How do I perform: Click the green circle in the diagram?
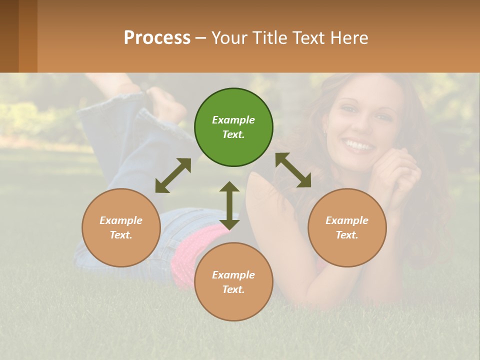click(x=233, y=127)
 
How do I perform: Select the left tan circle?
click(x=121, y=227)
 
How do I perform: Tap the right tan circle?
click(x=347, y=227)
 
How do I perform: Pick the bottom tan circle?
click(x=233, y=282)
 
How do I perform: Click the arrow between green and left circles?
click(x=173, y=175)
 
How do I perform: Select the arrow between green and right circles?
click(x=293, y=170)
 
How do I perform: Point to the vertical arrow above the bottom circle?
click(x=229, y=205)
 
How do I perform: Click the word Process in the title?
click(x=157, y=37)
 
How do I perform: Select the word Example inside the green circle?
click(x=233, y=120)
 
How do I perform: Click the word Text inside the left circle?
click(x=121, y=235)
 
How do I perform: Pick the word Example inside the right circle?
click(x=347, y=220)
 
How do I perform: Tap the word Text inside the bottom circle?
click(x=233, y=289)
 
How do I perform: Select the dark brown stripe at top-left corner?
click(x=9, y=36)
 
